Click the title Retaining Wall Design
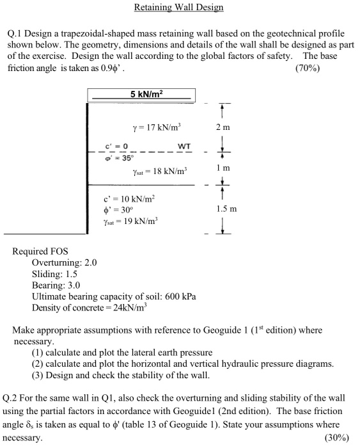[180, 8]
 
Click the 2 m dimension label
[224, 125]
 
